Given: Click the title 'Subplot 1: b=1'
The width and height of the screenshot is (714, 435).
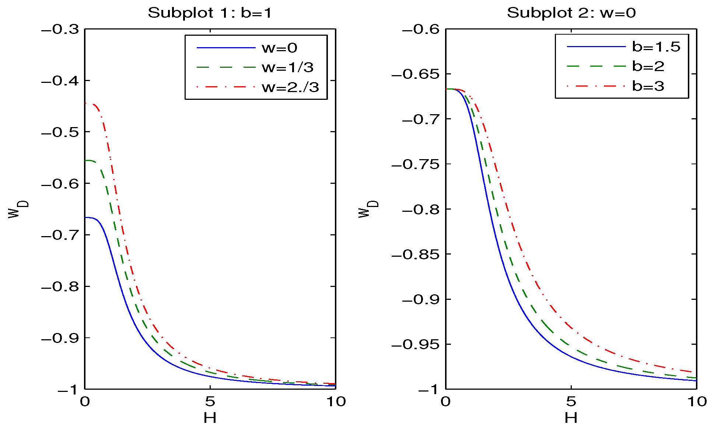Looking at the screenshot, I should pyautogui.click(x=210, y=13).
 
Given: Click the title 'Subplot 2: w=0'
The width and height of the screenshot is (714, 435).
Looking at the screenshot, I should pyautogui.click(x=571, y=13).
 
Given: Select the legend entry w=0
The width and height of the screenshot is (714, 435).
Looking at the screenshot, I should pyautogui.click(x=279, y=48).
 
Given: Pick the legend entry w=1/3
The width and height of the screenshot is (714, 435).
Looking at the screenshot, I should pyautogui.click(x=287, y=67).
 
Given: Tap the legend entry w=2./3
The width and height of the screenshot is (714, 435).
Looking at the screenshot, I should pyautogui.click(x=290, y=87).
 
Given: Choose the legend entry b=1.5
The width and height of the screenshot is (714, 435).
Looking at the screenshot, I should pyautogui.click(x=656, y=47).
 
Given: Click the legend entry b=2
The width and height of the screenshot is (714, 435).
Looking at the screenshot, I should pyautogui.click(x=648, y=66).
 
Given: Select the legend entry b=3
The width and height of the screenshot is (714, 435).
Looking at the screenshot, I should pyautogui.click(x=648, y=86).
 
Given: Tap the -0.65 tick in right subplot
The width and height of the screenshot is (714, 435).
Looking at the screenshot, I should pyautogui.click(x=415, y=74).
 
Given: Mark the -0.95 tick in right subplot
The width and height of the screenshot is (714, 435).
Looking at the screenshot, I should pyautogui.click(x=415, y=345).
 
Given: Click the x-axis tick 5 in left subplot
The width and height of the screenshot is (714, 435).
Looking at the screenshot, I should pyautogui.click(x=210, y=401).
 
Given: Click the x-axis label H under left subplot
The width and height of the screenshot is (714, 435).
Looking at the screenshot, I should pyautogui.click(x=210, y=418).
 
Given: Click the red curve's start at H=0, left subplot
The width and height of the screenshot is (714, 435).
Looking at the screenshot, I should pyautogui.click(x=86, y=104).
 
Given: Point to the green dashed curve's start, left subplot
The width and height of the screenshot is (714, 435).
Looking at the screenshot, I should pyautogui.click(x=86, y=161).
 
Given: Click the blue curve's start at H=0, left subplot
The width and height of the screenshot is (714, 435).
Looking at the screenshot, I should pyautogui.click(x=86, y=218).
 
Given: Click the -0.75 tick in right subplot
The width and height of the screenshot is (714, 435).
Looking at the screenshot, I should pyautogui.click(x=415, y=164).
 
